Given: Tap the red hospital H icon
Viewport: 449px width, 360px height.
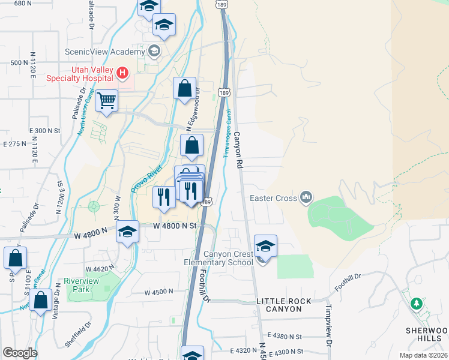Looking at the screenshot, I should point(122,73).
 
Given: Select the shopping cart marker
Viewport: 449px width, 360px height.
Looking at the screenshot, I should point(106,101).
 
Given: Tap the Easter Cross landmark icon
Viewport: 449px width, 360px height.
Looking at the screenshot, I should point(306,196).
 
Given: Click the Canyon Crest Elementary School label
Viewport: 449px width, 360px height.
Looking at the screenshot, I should point(219,258).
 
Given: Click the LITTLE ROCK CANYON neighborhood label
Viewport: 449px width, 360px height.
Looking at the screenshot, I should point(283,305).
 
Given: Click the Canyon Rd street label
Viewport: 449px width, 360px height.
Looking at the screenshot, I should point(238,149).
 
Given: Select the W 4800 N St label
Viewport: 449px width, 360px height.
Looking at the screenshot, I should point(175,226).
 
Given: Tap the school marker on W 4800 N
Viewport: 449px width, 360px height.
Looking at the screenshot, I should point(127,233).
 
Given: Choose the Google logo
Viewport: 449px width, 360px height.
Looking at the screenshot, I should point(20,353).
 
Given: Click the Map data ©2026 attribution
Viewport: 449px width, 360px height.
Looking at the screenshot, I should point(423,355).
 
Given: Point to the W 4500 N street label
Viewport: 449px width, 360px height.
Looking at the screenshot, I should point(158,292).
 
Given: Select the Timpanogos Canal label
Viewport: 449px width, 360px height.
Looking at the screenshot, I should point(228,136).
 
